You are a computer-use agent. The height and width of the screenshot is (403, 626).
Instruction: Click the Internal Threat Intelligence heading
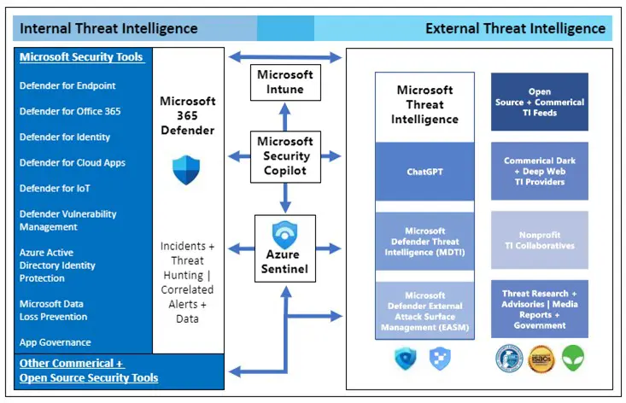[x=108, y=28]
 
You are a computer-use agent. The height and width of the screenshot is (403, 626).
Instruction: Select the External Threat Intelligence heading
[x=515, y=28]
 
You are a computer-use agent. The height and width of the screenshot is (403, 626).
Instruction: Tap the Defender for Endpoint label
[x=67, y=85]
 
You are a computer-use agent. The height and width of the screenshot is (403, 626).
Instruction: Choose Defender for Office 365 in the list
[x=70, y=111]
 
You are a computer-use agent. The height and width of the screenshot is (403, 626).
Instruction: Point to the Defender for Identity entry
[x=65, y=137]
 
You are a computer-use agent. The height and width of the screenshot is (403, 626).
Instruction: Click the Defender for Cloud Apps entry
[x=71, y=162]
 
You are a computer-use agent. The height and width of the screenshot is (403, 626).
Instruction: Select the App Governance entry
[x=55, y=342]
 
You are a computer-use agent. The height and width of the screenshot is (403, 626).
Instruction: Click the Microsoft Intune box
[x=285, y=82]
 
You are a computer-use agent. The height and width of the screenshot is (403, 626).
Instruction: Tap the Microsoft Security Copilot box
[x=285, y=156]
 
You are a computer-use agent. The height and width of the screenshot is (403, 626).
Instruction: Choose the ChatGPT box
[x=424, y=172]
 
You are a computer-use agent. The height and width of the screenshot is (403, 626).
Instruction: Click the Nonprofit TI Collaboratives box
[x=539, y=240]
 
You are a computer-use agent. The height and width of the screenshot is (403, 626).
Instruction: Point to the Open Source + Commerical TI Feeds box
[x=539, y=102]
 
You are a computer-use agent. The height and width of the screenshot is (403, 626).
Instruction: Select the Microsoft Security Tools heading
[x=81, y=57]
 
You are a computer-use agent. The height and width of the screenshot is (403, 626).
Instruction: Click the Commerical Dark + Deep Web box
[x=539, y=171]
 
